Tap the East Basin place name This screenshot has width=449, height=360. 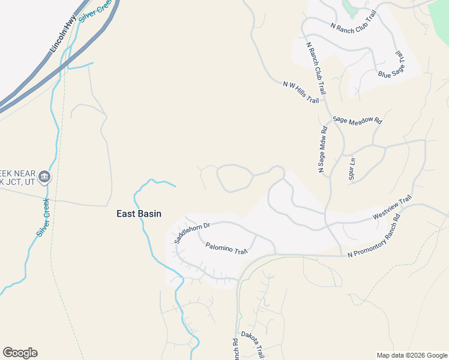(x=139, y=213)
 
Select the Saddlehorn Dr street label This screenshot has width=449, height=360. (x=191, y=232)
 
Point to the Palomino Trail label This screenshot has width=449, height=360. (x=227, y=248)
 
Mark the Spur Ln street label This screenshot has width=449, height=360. (x=352, y=169)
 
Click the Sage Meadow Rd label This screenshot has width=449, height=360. (x=357, y=121)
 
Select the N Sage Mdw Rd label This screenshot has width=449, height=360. (x=323, y=150)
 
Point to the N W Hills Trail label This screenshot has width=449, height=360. (x=301, y=92)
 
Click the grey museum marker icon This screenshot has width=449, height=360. (x=44, y=177)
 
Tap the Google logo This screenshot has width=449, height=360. (x=20, y=353)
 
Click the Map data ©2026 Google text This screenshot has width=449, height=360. (x=411, y=355)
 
